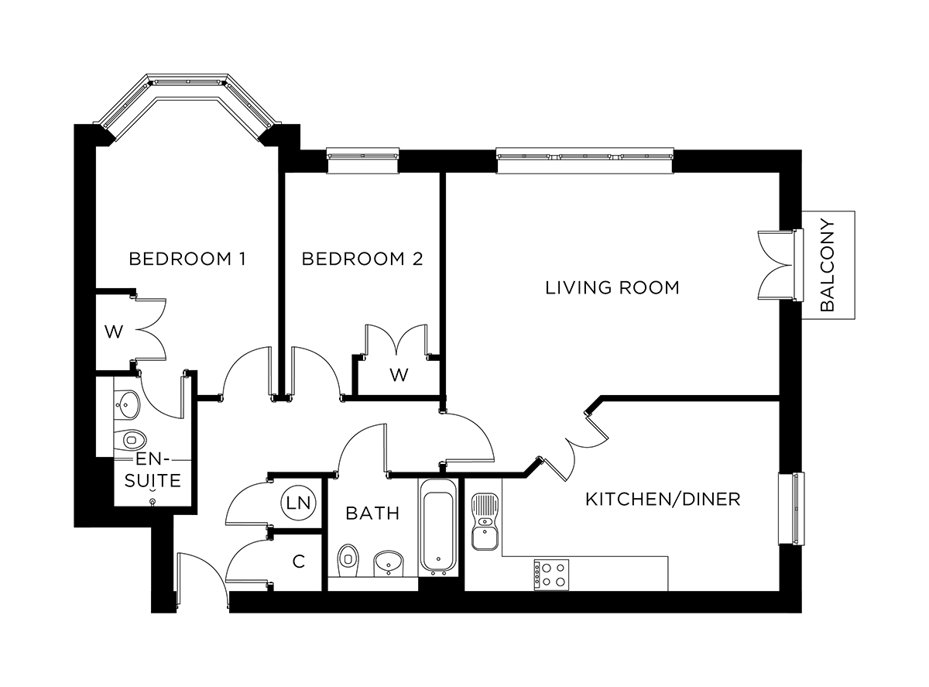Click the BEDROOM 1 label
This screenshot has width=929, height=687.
pyautogui.click(x=187, y=259)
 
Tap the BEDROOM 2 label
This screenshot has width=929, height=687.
pyautogui.click(x=362, y=259)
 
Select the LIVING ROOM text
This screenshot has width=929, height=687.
pyautogui.click(x=612, y=288)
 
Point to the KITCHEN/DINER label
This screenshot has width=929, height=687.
pyautogui.click(x=662, y=499)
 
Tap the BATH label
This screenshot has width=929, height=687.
pyautogui.click(x=372, y=513)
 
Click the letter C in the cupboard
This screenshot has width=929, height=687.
pyautogui.click(x=298, y=562)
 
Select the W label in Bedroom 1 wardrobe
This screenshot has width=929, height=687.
pyautogui.click(x=114, y=333)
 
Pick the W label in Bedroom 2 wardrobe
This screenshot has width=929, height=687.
pyautogui.click(x=398, y=376)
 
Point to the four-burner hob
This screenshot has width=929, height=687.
pyautogui.click(x=550, y=575)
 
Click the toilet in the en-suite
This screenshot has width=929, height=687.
pyautogui.click(x=132, y=439)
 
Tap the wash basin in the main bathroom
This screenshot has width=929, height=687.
pyautogui.click(x=389, y=563)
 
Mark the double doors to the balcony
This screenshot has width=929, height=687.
pyautogui.click(x=778, y=265)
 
